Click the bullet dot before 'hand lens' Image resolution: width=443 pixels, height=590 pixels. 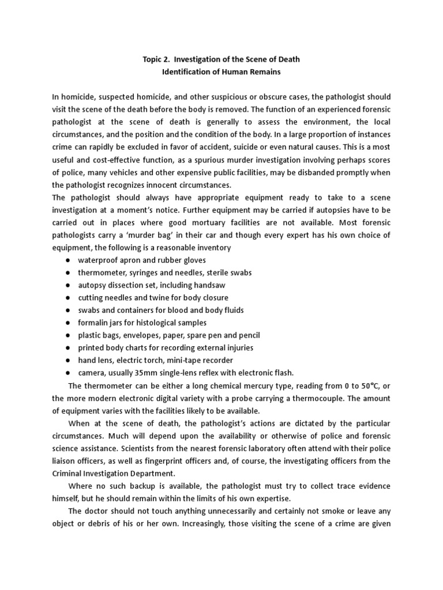coord(67,360)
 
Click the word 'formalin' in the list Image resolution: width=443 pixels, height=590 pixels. coord(93,323)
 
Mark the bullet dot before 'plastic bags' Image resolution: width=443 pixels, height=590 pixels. coord(67,335)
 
